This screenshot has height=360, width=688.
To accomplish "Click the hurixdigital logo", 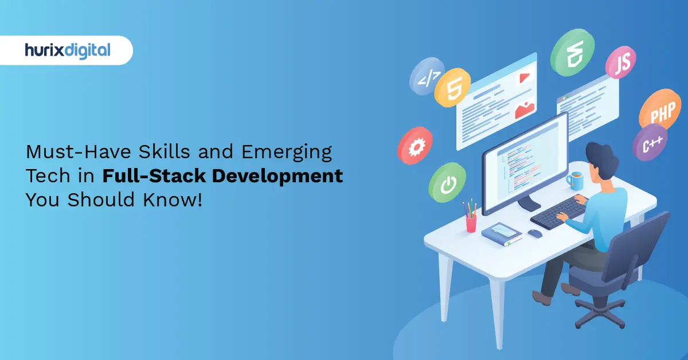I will tap(68, 50).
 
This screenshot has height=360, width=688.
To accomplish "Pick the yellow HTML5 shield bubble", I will tap(452, 88).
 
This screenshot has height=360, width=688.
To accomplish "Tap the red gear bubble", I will tap(415, 146).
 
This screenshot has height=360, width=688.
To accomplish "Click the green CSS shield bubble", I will tap(571, 53).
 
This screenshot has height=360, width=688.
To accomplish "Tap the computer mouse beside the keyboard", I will tap(534, 233).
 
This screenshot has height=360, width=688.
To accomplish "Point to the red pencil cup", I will tap(471, 222).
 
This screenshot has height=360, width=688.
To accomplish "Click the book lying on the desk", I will tap(502, 232).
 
